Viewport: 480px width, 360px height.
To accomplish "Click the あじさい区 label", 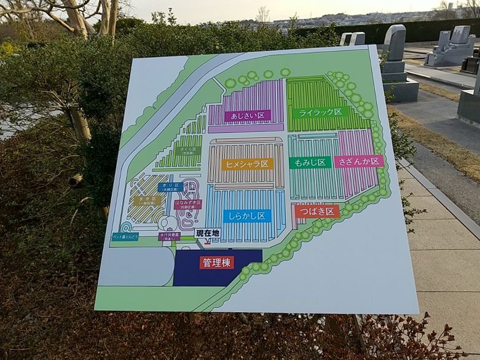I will (247, 115).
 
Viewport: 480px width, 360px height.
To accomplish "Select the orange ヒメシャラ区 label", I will (247, 164).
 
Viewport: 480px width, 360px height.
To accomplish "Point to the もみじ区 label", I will (310, 162).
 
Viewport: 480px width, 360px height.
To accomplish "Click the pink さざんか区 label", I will (359, 162).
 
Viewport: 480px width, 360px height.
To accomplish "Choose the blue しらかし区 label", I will (247, 216).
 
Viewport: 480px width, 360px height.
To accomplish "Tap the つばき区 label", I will (317, 211).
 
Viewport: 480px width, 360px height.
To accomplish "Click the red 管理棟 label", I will (216, 262).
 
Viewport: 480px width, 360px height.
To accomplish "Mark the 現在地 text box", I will (207, 233).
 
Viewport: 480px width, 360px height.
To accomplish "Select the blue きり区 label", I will (169, 187).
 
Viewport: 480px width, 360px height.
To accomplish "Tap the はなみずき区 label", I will (187, 204).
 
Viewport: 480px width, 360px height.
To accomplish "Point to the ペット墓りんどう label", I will (125, 236).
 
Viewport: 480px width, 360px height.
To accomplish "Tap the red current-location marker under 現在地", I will (207, 243).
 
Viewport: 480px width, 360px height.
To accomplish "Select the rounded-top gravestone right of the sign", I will (395, 43).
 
